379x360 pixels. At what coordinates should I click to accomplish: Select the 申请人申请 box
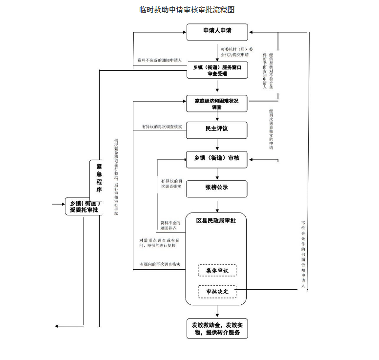pyautogui.click(x=217, y=32)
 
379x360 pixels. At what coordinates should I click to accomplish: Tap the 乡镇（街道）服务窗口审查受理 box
pyautogui.click(x=217, y=70)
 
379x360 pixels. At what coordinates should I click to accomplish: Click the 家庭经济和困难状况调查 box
pyautogui.click(x=217, y=104)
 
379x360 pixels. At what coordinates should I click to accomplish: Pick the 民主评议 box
pyautogui.click(x=217, y=129)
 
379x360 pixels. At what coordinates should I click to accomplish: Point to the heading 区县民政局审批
pyautogui.click(x=216, y=221)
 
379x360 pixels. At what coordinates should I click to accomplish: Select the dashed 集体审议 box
pyautogui.click(x=217, y=271)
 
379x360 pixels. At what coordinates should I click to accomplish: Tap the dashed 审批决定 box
pyautogui.click(x=217, y=291)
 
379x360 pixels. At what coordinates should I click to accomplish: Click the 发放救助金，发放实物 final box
pyautogui.click(x=217, y=329)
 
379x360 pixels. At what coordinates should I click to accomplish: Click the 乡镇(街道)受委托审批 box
pyautogui.click(x=84, y=207)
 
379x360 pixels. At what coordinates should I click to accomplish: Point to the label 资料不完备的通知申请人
pyautogui.click(x=160, y=61)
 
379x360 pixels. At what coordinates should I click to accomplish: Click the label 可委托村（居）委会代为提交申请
pyautogui.click(x=236, y=52)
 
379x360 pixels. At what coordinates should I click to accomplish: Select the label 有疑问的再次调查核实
pyautogui.click(x=160, y=264)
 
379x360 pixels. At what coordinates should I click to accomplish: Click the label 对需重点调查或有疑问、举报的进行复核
pyautogui.click(x=158, y=243)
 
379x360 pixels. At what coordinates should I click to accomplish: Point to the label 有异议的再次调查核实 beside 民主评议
pyautogui.click(x=162, y=127)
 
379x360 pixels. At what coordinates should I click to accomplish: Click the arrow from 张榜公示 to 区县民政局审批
pyautogui.click(x=217, y=204)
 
